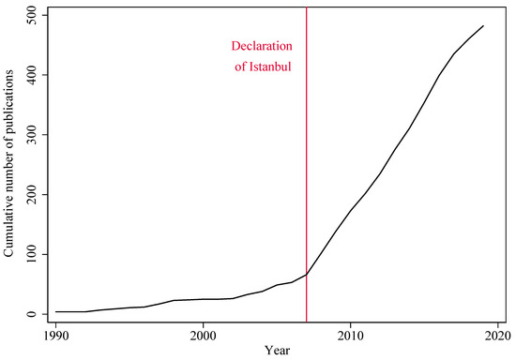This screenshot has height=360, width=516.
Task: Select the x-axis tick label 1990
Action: coord(56,335)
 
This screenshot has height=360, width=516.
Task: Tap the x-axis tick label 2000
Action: coord(204,335)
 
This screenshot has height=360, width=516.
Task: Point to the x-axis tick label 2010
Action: coord(351,335)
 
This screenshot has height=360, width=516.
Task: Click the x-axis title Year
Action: coord(278,351)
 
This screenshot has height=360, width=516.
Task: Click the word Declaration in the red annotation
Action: coord(264,45)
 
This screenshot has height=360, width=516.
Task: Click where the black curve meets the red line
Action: coord(307,274)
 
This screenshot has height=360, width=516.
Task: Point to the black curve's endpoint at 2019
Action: coord(483,25)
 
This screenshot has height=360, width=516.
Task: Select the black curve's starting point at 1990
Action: coord(56,311)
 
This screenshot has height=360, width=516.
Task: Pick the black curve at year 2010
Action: coord(351,210)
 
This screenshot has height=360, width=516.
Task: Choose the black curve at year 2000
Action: coord(204,299)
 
